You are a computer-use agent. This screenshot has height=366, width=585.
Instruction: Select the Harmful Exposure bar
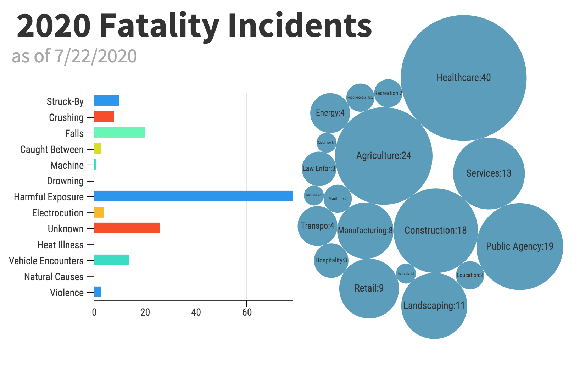coord(193,196)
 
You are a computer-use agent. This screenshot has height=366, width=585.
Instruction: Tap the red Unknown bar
coord(127,228)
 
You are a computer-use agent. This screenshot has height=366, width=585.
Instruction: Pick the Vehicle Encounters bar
coord(111,260)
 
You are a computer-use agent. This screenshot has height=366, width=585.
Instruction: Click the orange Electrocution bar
coord(99,213)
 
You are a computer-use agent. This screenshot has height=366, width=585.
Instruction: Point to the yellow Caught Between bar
coord(97,149)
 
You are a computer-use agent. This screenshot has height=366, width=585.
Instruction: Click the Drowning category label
coord(65,181)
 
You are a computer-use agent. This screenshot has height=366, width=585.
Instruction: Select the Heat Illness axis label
coord(61,245)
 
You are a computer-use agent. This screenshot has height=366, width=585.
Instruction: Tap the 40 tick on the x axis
coord(196,312)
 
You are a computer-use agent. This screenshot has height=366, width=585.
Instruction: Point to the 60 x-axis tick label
coord(247,312)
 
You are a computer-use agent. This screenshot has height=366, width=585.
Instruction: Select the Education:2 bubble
coord(470,275)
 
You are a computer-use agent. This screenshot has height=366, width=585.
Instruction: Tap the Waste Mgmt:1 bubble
coord(406,274)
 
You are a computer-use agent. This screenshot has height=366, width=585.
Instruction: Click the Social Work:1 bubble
coord(326,143)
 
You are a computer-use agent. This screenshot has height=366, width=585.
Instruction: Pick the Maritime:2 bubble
coord(338,199)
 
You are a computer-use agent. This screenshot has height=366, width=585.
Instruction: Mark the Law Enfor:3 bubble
coord(319,169)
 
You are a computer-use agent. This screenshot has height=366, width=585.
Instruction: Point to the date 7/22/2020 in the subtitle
coord(95,56)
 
